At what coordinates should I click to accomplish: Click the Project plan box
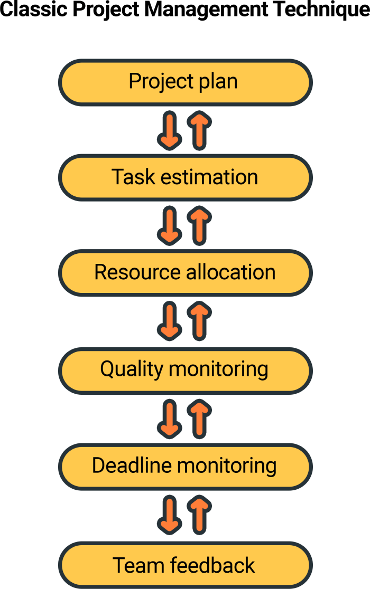pos(184,82)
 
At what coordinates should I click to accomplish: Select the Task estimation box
pos(184,177)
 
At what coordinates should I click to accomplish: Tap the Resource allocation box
pos(184,273)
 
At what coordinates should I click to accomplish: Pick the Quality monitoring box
pos(184,369)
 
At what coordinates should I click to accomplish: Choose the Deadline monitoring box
pos(184,466)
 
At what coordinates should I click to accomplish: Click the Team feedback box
pos(184,565)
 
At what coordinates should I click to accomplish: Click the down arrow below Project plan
pos(170,129)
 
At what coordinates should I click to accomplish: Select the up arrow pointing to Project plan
pos(199,129)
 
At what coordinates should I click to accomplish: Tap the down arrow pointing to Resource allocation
pos(170,225)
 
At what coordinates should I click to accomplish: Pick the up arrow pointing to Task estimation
pos(199,225)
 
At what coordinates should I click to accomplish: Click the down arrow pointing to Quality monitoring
pos(170,321)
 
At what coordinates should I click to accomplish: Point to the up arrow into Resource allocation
pos(199,321)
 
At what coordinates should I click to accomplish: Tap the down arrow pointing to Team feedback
pos(170,514)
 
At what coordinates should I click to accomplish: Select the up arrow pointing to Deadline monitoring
pos(199,514)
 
